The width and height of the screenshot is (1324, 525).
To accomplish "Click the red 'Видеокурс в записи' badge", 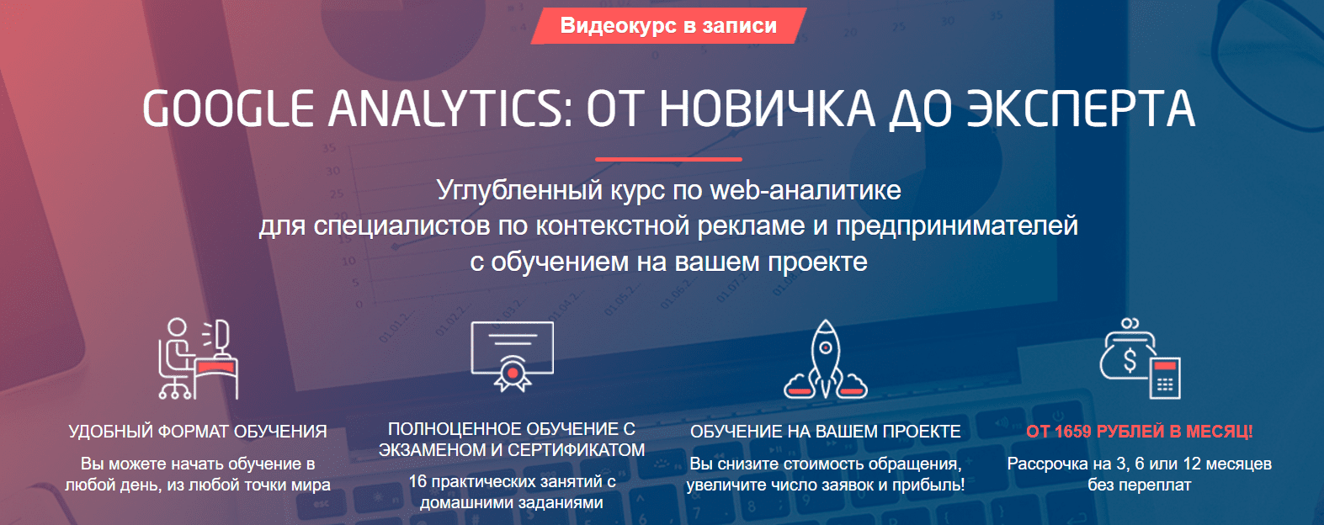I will click(668, 26).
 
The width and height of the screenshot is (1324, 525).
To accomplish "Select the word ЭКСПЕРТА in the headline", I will click(1081, 109).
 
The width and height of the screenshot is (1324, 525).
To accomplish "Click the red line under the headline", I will click(668, 158).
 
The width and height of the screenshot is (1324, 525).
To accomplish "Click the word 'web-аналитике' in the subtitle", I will click(806, 190).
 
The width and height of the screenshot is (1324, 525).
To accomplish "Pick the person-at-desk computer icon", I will click(198, 358).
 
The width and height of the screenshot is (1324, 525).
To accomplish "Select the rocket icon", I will click(826, 359).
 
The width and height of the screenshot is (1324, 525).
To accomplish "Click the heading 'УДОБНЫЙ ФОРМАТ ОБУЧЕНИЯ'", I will click(198, 432).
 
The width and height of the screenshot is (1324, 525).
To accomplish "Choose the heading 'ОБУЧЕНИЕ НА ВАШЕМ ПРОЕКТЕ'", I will click(826, 432).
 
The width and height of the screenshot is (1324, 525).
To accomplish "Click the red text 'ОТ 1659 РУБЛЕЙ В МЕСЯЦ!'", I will click(1139, 432).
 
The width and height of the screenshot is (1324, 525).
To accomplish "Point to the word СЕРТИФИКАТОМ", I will click(577, 450).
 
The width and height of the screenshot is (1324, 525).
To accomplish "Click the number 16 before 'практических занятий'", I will click(417, 481).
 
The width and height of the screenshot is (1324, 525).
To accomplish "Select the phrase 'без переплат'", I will click(1139, 485).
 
